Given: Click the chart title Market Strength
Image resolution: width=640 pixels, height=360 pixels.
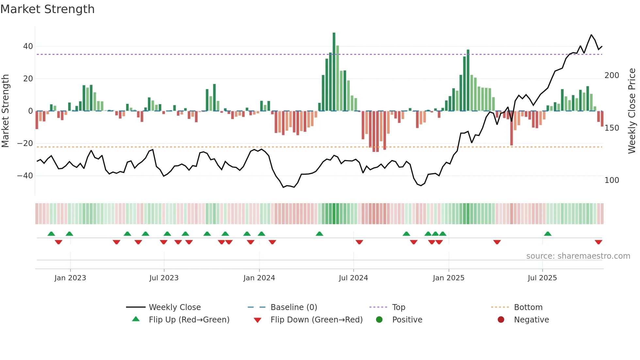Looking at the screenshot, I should pos(47,9).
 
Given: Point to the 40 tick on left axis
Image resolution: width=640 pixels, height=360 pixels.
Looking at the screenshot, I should pos(28,46).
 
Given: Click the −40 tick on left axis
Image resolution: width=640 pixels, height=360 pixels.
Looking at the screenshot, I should pos(25,176).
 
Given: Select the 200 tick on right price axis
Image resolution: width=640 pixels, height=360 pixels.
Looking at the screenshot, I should pos(612,75).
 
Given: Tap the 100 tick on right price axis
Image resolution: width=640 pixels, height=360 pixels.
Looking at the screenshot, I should pos(612,180).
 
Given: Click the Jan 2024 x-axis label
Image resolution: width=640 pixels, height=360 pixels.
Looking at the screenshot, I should pos(259,278).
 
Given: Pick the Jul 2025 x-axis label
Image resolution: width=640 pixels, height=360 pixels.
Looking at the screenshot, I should pos(542,278).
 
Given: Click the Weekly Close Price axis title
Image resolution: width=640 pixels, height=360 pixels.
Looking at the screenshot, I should pos(632,111).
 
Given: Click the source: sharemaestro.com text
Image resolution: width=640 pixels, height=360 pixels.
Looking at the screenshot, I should pos(578,256).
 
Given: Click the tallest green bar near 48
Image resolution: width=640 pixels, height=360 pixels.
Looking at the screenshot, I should pos(334,72).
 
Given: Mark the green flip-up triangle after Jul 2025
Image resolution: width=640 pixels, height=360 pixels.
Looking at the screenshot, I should pos(548,234).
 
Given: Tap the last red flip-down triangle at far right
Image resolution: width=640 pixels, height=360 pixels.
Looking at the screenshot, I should pos(598,242).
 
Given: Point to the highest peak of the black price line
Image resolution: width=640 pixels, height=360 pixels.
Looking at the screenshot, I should pos(591,35).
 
